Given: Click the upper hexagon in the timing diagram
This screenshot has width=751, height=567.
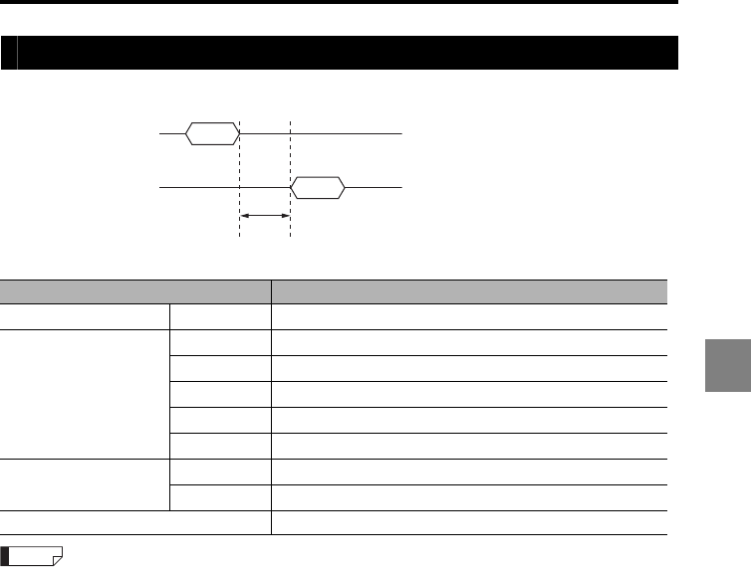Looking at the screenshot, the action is coord(213,132).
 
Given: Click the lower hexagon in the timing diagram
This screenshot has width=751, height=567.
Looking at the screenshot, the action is coord(317,187).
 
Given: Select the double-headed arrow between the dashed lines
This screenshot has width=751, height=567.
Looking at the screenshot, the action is coord(265,215).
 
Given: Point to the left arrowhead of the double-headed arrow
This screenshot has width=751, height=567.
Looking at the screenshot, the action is coord(245,215).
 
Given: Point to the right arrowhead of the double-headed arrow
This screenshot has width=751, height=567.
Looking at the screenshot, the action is coord(285,215).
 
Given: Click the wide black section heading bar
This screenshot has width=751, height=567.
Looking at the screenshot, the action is coord(349,53).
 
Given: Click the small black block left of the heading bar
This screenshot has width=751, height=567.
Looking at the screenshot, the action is coord(8,53).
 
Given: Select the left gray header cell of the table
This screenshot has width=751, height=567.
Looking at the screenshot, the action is coord(135,290).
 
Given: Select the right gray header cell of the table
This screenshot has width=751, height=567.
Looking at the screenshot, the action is coord(469,290).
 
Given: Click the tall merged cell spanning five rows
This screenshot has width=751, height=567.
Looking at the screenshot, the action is coord(86,394).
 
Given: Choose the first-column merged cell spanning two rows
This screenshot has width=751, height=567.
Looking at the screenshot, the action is coord(86,483).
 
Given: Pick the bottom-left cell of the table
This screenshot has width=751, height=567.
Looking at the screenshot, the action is coord(135,523).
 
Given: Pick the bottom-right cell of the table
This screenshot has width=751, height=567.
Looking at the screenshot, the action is coord(469,523).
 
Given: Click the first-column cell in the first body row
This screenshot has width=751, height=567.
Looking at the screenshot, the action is coord(86,316).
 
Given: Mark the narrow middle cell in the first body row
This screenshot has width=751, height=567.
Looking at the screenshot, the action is coord(221,316).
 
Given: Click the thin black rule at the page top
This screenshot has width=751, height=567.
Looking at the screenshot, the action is coord(339,3).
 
